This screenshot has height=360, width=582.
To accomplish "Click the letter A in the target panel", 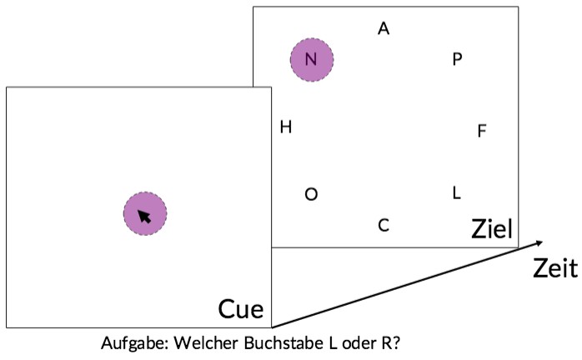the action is point(384,28).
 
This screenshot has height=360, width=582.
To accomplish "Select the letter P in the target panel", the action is point(457,59).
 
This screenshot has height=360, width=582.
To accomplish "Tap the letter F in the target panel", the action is point(482,131).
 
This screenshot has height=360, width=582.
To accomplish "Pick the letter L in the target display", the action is point(457,192).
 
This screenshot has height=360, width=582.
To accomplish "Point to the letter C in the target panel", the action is point(384,225).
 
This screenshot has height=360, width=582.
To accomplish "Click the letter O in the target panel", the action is point(311,194).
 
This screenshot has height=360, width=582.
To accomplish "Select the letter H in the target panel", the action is point(286,127).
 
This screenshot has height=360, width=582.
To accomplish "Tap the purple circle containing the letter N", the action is point(312,60).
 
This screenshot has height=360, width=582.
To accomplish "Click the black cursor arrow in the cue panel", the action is point(144,217).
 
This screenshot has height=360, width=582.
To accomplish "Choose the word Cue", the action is point(241,309).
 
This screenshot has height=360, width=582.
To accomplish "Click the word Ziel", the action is point(492,229).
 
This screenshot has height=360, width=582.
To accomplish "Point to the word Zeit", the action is point(555,268).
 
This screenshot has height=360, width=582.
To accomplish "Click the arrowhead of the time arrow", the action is point(538,243).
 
